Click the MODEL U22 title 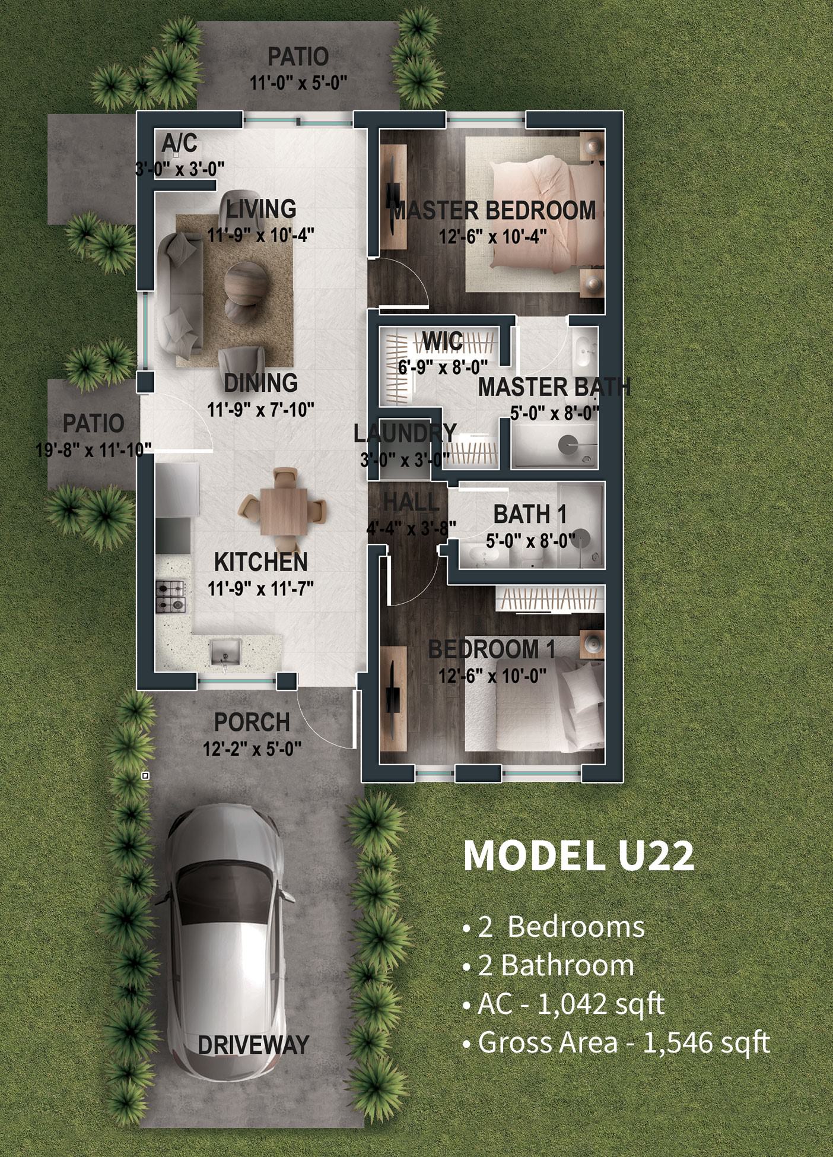pos(578,855)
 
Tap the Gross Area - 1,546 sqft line pos(616,1042)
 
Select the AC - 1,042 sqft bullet pos(564,1004)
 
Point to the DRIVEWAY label pos(253,1045)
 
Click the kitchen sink pos(225,651)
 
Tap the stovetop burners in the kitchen pos(171,597)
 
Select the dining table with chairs pos(282,510)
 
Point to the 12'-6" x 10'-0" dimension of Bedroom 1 pos(492,676)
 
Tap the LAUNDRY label pos(405,433)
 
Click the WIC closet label pos(443,341)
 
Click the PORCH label pos(252,722)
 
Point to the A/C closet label pos(179,144)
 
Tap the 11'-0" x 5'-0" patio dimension pos(298,83)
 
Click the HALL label pos(411,503)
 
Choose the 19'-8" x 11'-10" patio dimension pos(94,450)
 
